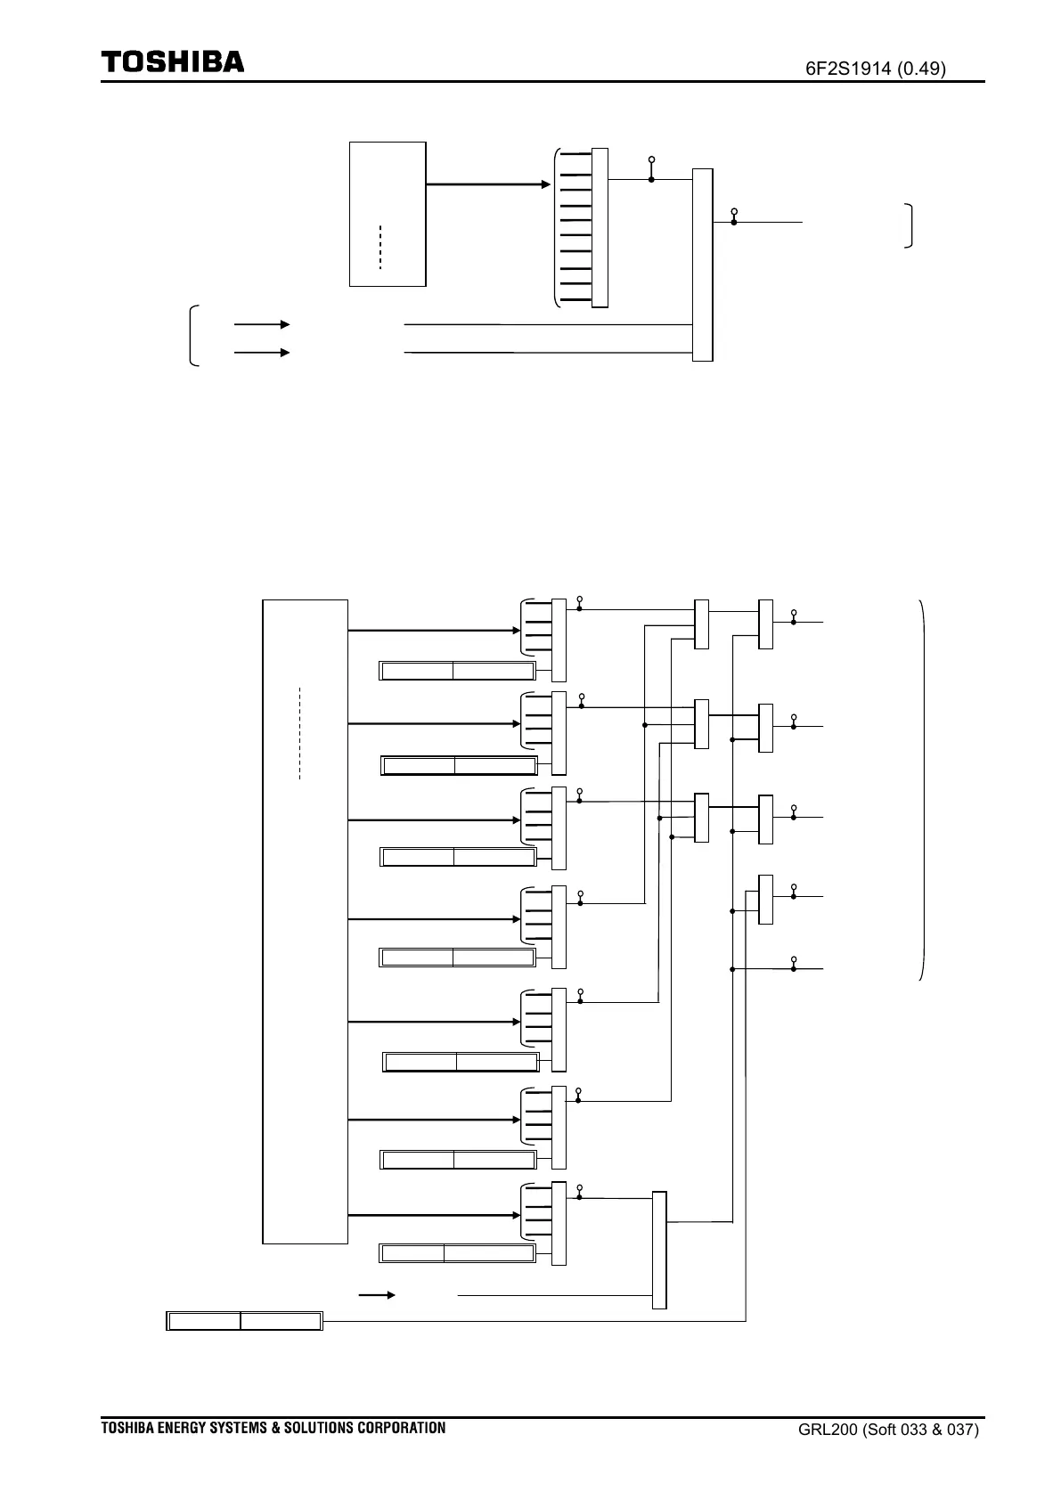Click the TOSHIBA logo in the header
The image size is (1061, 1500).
[x=172, y=62]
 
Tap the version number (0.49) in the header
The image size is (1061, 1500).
[x=921, y=69]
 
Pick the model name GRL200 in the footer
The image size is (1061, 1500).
[x=828, y=1431]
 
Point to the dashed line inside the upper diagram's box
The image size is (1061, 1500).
[x=380, y=247]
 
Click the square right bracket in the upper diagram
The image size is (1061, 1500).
[x=909, y=225]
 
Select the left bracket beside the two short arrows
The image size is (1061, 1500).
[x=193, y=336]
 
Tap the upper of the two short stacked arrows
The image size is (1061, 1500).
[x=261, y=324]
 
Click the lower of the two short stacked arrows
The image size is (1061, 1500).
[x=261, y=353]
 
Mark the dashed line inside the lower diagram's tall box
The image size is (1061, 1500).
[x=300, y=733]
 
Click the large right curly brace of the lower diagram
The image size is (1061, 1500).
[x=923, y=790]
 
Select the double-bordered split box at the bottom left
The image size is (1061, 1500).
[x=244, y=1321]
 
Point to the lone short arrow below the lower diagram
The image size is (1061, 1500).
[x=376, y=1295]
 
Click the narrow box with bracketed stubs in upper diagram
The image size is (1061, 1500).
[x=600, y=227]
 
